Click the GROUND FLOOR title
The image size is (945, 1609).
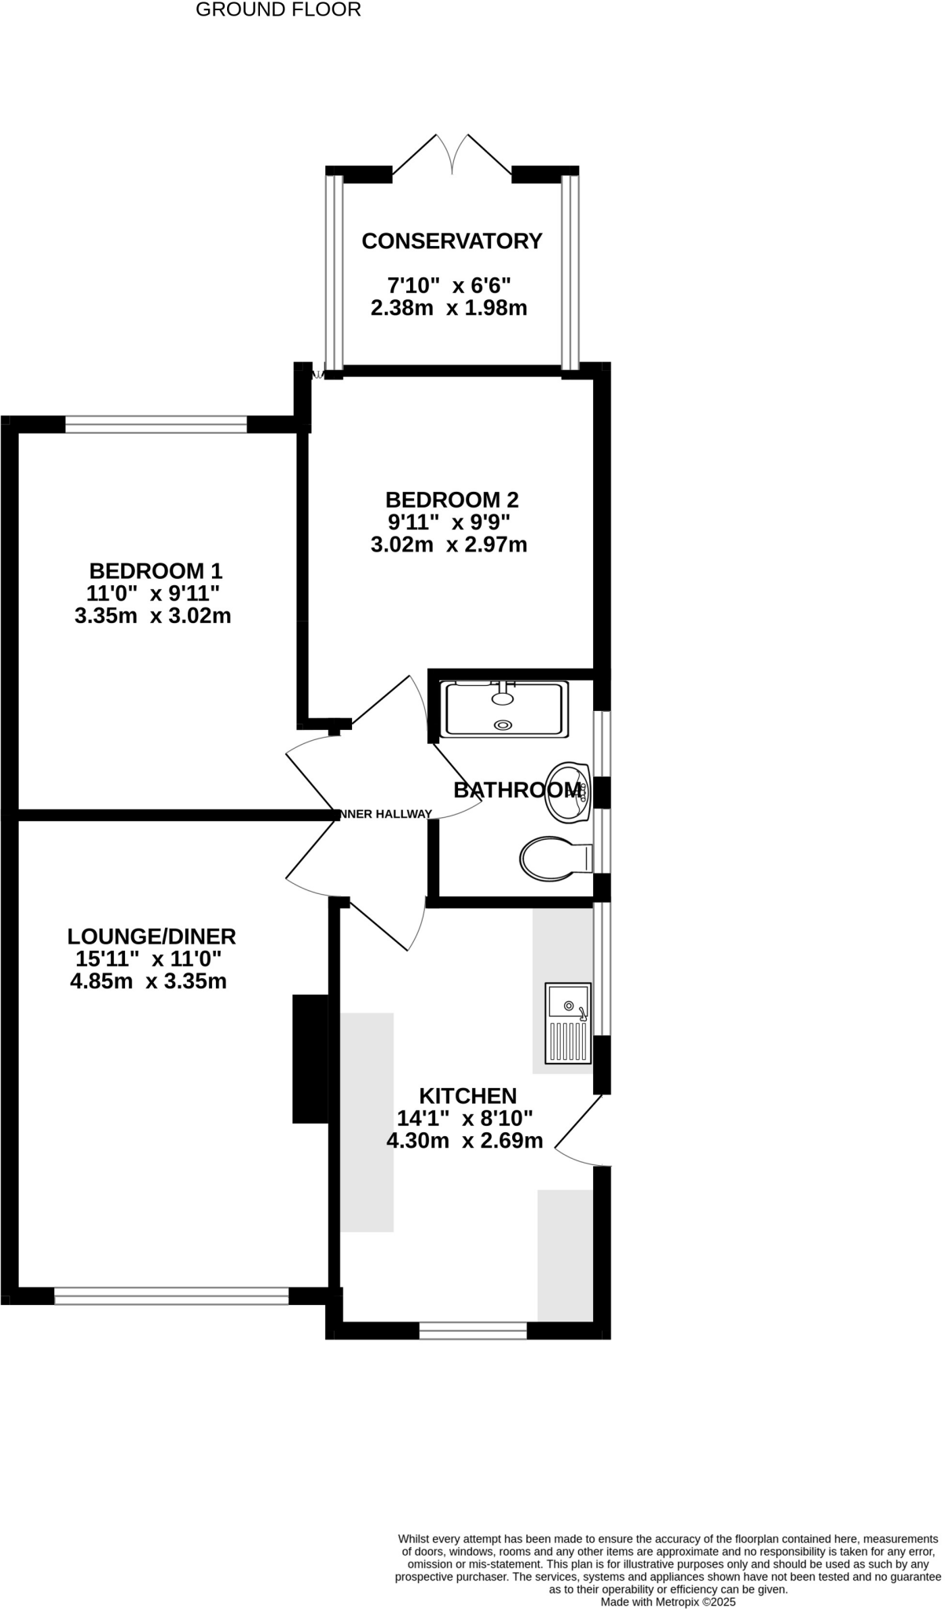[x=278, y=10]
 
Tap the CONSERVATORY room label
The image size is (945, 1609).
[x=452, y=241]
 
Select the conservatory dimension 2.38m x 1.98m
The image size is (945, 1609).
[x=449, y=308]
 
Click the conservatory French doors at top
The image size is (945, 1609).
[x=452, y=154]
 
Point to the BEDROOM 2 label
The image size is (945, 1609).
[x=452, y=500]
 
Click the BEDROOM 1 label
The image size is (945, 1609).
[x=156, y=570]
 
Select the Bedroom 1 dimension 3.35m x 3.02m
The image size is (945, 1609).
[x=152, y=616]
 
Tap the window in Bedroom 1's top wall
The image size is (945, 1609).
[x=156, y=425]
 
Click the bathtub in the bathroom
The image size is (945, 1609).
[x=504, y=709]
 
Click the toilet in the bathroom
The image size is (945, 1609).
[x=554, y=858]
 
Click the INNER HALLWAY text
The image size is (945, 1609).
[x=384, y=814]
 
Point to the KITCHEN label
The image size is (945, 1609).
[x=467, y=1096]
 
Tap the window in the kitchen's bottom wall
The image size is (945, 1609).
[x=473, y=1329]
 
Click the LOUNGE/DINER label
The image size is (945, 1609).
[x=152, y=936]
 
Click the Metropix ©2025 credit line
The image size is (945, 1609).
[x=668, y=1601]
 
